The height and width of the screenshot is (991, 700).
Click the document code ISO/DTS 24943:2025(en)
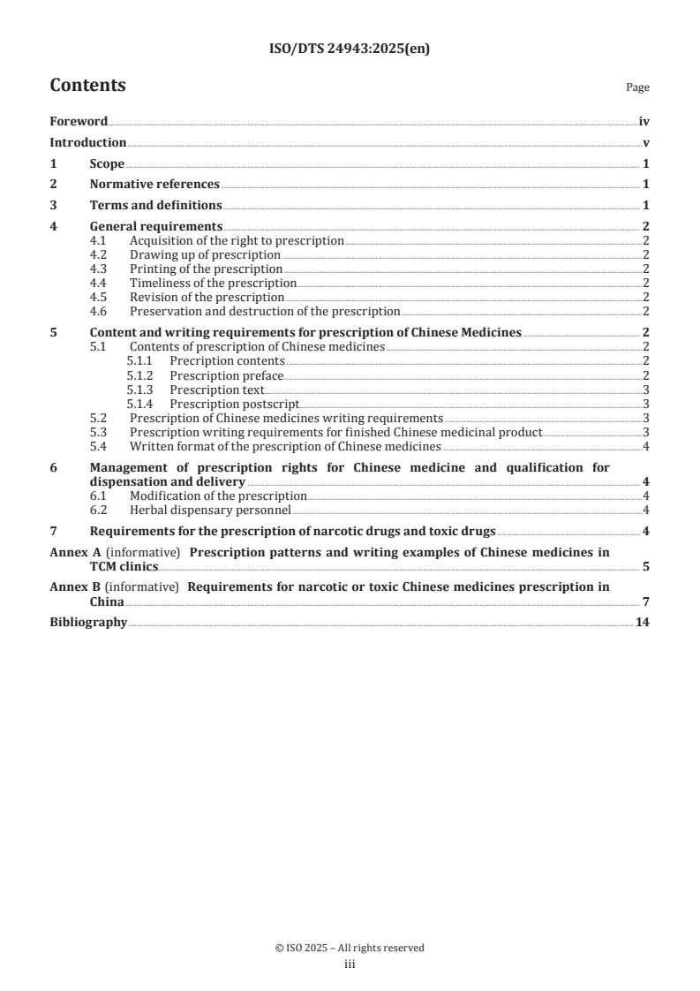[x=350, y=50]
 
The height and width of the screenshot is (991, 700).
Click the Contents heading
[x=87, y=86]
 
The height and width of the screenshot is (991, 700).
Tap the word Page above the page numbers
[x=637, y=87]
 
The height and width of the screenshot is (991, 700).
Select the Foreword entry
[x=79, y=122]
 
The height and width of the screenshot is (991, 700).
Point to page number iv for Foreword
[x=644, y=122]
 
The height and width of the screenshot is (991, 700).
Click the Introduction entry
[x=87, y=143]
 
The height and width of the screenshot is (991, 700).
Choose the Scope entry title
[x=107, y=164]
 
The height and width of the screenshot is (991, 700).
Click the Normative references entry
[x=154, y=185]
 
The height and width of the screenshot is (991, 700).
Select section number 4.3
[x=99, y=269]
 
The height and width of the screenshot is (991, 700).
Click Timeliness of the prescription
[x=213, y=283]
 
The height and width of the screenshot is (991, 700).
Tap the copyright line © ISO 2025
[x=350, y=948]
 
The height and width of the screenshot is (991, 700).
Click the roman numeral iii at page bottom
[x=350, y=965]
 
